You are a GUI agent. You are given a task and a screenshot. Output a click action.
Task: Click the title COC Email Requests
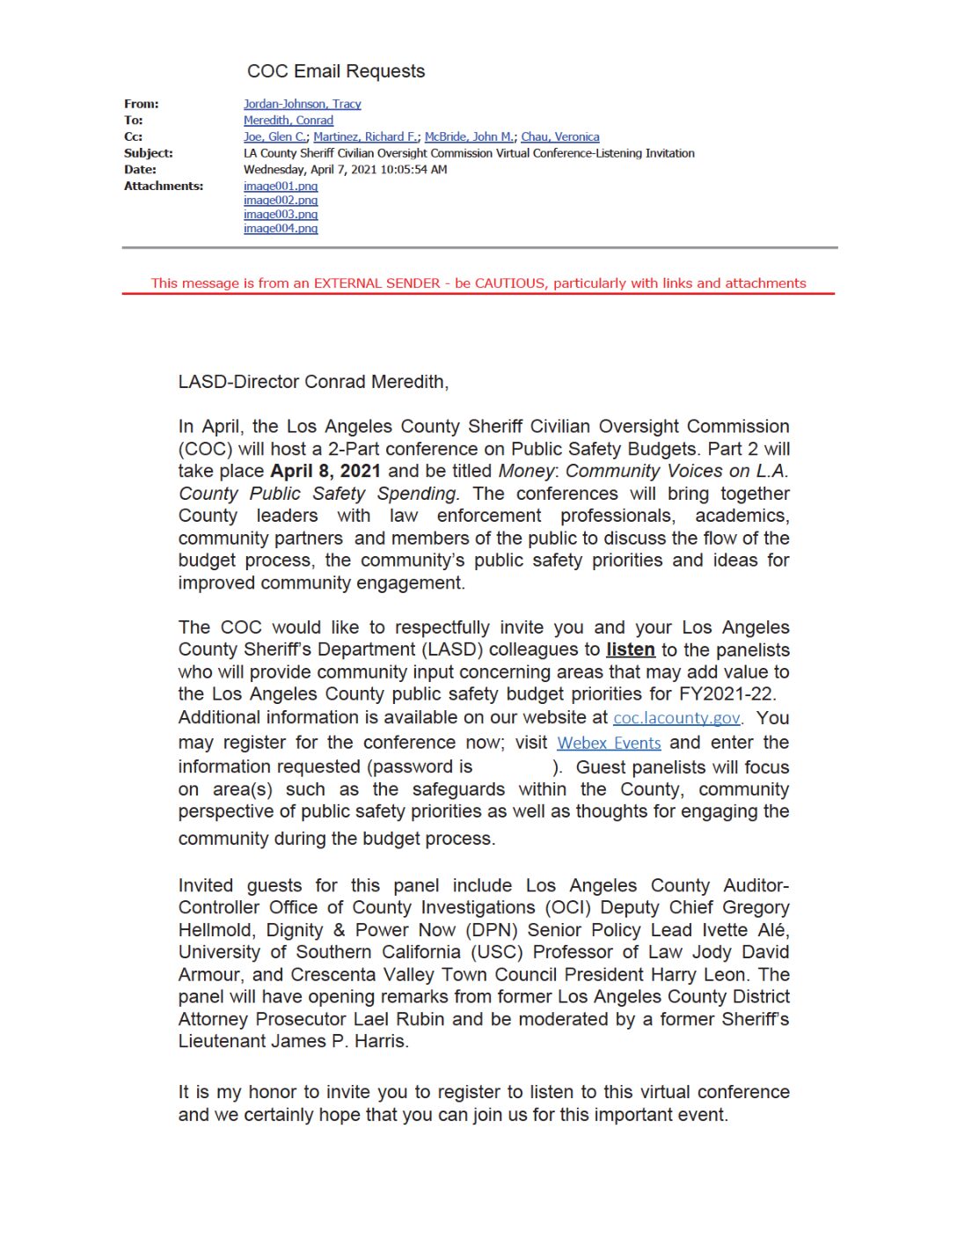click(x=335, y=71)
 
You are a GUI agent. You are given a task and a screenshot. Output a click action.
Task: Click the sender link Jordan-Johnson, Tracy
click(x=302, y=104)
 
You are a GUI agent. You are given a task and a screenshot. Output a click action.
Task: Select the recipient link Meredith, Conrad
click(x=288, y=121)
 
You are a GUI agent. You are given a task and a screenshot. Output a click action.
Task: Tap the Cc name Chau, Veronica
click(x=559, y=137)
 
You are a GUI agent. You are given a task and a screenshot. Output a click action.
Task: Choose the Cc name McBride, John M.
click(x=469, y=137)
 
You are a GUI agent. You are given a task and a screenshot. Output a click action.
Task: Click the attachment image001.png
click(x=280, y=187)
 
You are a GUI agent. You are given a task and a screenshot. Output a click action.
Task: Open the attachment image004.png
click(x=280, y=229)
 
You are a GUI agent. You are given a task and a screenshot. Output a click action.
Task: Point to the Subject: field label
click(x=148, y=153)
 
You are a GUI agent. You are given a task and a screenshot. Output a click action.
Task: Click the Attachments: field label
click(x=163, y=187)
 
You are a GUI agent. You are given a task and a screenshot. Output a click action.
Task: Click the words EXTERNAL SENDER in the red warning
click(x=376, y=283)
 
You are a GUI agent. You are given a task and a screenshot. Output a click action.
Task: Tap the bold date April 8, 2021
click(x=325, y=471)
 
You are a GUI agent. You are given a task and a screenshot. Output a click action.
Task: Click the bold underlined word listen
click(x=630, y=649)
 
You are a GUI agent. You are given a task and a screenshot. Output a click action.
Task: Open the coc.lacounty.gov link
click(x=676, y=718)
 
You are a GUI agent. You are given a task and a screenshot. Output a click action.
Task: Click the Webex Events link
click(x=609, y=743)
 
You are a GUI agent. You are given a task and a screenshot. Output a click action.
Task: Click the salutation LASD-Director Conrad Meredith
click(x=312, y=382)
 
